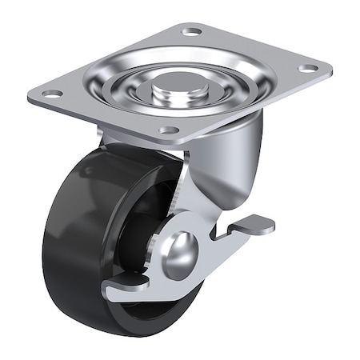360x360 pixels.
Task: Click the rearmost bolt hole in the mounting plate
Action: click(192, 31)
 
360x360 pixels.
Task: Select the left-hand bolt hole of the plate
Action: click(52, 94)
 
